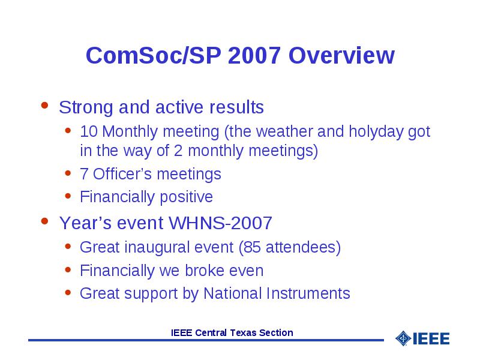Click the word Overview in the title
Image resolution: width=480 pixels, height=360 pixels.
[341, 55]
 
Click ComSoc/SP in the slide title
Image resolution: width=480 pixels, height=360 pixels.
[154, 55]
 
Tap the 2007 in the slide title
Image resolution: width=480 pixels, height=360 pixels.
[254, 55]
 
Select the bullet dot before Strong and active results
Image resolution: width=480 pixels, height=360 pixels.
[44, 106]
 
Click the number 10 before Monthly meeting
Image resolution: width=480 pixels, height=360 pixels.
[89, 131]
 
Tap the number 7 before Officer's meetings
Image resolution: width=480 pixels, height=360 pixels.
[84, 174]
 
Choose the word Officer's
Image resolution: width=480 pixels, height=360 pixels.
[122, 173]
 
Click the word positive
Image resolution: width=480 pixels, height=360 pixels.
[186, 197]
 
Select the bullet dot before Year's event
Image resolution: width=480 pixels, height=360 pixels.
[44, 221]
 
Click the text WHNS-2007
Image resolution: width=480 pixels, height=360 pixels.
[220, 223]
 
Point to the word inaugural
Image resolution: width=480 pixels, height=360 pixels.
[179, 247]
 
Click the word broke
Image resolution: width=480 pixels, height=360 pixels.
[205, 271]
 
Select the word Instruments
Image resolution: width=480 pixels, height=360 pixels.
[308, 293]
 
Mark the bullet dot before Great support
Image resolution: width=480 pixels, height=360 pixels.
[68, 293]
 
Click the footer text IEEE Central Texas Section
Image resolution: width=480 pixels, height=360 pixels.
[232, 332]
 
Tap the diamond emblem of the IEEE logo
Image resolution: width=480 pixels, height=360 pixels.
[403, 338]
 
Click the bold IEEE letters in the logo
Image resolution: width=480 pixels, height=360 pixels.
[431, 338]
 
